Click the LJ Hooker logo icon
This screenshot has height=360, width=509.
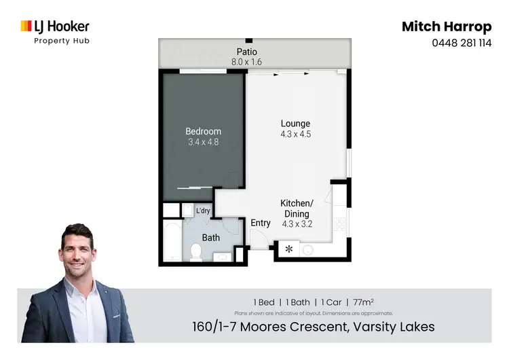[26, 26]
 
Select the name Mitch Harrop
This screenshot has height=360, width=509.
[446, 26]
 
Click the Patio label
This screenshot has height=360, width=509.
[246, 52]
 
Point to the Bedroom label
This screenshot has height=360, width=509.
[204, 131]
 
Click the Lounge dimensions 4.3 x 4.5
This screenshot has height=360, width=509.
[296, 134]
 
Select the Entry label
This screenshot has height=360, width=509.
[261, 223]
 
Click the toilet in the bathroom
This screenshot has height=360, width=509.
[195, 252]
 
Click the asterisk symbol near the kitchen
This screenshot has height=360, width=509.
[288, 250]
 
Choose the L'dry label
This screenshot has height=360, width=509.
[203, 211]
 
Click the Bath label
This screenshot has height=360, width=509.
[210, 238]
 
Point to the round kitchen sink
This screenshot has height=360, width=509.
[307, 250]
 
